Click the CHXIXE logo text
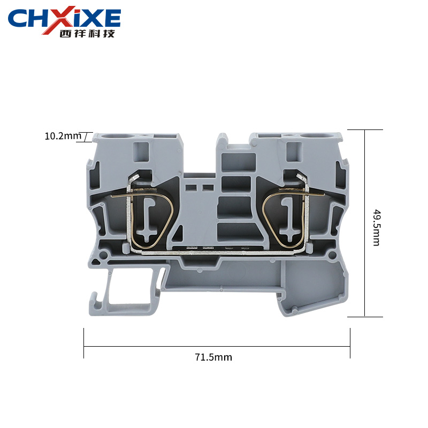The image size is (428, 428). tap(64, 18)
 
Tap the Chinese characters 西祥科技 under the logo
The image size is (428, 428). tap(87, 34)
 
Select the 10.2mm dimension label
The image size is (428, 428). tap(63, 136)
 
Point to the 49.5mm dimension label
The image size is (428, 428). tap(377, 228)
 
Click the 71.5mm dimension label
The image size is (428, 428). tap(213, 357)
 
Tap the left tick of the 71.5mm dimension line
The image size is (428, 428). tap(84, 343)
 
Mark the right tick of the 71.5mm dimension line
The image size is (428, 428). tap(350, 343)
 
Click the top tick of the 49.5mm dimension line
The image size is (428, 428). tap(365, 129)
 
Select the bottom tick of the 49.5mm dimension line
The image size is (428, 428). tap(365, 317)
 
